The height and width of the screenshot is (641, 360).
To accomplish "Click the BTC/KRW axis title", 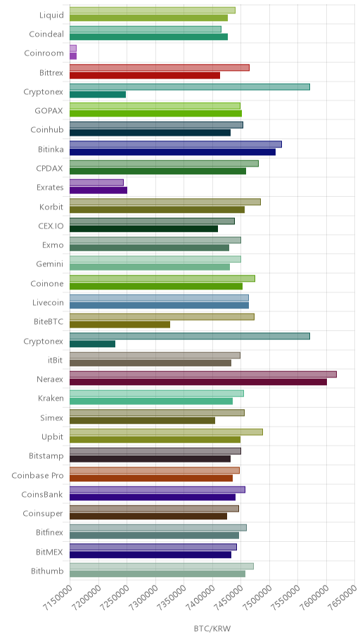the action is [x=212, y=628].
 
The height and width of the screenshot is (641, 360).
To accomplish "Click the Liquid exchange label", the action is [x=51, y=15].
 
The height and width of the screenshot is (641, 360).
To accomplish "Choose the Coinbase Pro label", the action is [x=38, y=475].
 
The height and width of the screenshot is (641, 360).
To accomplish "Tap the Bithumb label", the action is [x=47, y=571].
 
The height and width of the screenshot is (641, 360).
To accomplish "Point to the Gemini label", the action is [x=49, y=264].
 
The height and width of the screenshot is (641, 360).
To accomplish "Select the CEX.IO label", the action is [x=51, y=226].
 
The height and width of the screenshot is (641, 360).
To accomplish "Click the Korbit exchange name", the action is [x=51, y=207].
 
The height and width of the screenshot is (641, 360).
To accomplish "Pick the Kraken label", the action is [x=51, y=399].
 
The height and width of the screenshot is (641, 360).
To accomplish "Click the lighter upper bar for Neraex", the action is [x=203, y=375].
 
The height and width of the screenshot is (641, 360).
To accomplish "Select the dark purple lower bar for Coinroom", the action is [x=73, y=56].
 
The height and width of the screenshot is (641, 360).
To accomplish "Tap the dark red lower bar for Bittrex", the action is [x=145, y=75].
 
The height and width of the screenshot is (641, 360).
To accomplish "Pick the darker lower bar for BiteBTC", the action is [x=120, y=325].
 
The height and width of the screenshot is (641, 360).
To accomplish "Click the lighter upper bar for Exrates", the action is [x=96, y=182].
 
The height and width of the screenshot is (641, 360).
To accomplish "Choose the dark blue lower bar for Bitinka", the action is [x=173, y=152].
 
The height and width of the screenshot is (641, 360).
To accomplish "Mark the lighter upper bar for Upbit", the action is [x=166, y=432].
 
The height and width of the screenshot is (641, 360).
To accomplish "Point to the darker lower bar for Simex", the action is [x=142, y=420].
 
